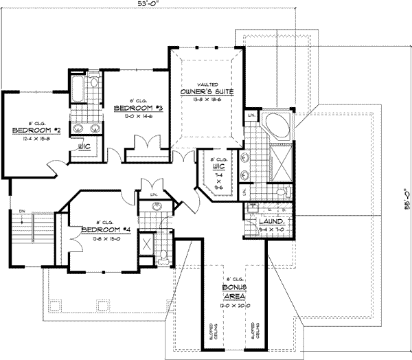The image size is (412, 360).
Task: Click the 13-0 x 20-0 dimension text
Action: click(234, 303)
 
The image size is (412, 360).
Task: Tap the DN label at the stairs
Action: click(22, 212)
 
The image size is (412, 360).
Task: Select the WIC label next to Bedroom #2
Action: click(87, 146)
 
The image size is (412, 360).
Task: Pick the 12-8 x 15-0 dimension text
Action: click(101, 238)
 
